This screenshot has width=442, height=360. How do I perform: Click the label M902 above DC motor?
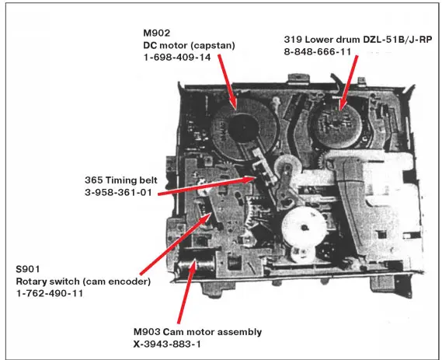[157, 33]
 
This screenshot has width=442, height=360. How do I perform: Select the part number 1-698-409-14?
[177, 58]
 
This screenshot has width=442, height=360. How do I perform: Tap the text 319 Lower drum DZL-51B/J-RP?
[357, 40]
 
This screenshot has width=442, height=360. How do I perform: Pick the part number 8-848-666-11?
[318, 52]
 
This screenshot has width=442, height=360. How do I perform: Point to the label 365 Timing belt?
[121, 180]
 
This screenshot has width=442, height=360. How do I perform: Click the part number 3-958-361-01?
[118, 192]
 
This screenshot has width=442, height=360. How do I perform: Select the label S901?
[28, 269]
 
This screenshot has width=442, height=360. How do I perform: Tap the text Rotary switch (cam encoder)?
[83, 281]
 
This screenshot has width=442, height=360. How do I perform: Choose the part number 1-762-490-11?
[50, 293]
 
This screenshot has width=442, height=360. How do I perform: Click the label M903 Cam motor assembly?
[197, 332]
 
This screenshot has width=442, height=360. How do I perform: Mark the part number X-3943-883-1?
[167, 344]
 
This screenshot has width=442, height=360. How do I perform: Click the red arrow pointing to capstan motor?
[228, 82]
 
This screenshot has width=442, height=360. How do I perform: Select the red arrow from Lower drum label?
[349, 82]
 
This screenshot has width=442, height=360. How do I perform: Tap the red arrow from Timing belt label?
[207, 185]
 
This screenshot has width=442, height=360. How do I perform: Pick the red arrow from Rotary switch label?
[176, 244]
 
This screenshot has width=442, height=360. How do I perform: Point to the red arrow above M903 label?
[187, 292]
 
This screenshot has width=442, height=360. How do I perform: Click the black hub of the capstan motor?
[243, 128]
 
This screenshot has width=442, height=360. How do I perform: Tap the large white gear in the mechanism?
[304, 226]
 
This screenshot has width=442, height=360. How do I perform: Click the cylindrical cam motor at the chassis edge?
[196, 266]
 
